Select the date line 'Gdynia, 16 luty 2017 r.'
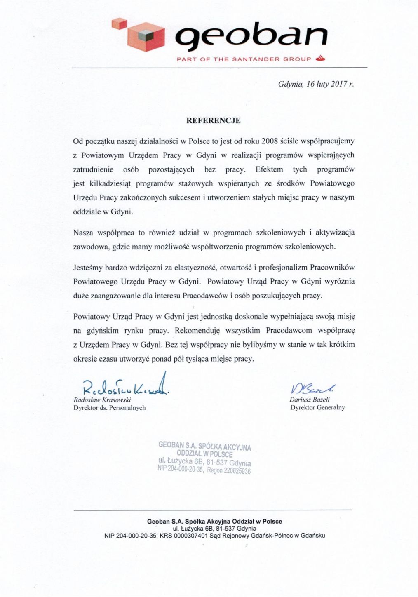pyautogui.click(x=316, y=85)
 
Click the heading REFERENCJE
pyautogui.click(x=213, y=121)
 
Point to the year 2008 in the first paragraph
pyautogui.click(x=270, y=141)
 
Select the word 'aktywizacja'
pyautogui.click(x=335, y=233)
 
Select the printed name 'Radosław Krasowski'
pyautogui.click(x=102, y=400)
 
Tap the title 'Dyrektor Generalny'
pyautogui.click(x=317, y=408)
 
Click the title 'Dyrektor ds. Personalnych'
pyautogui.click(x=109, y=408)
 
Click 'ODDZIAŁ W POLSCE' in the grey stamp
pyautogui.click(x=204, y=454)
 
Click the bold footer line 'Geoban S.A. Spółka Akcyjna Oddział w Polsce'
pyautogui.click(x=214, y=522)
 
